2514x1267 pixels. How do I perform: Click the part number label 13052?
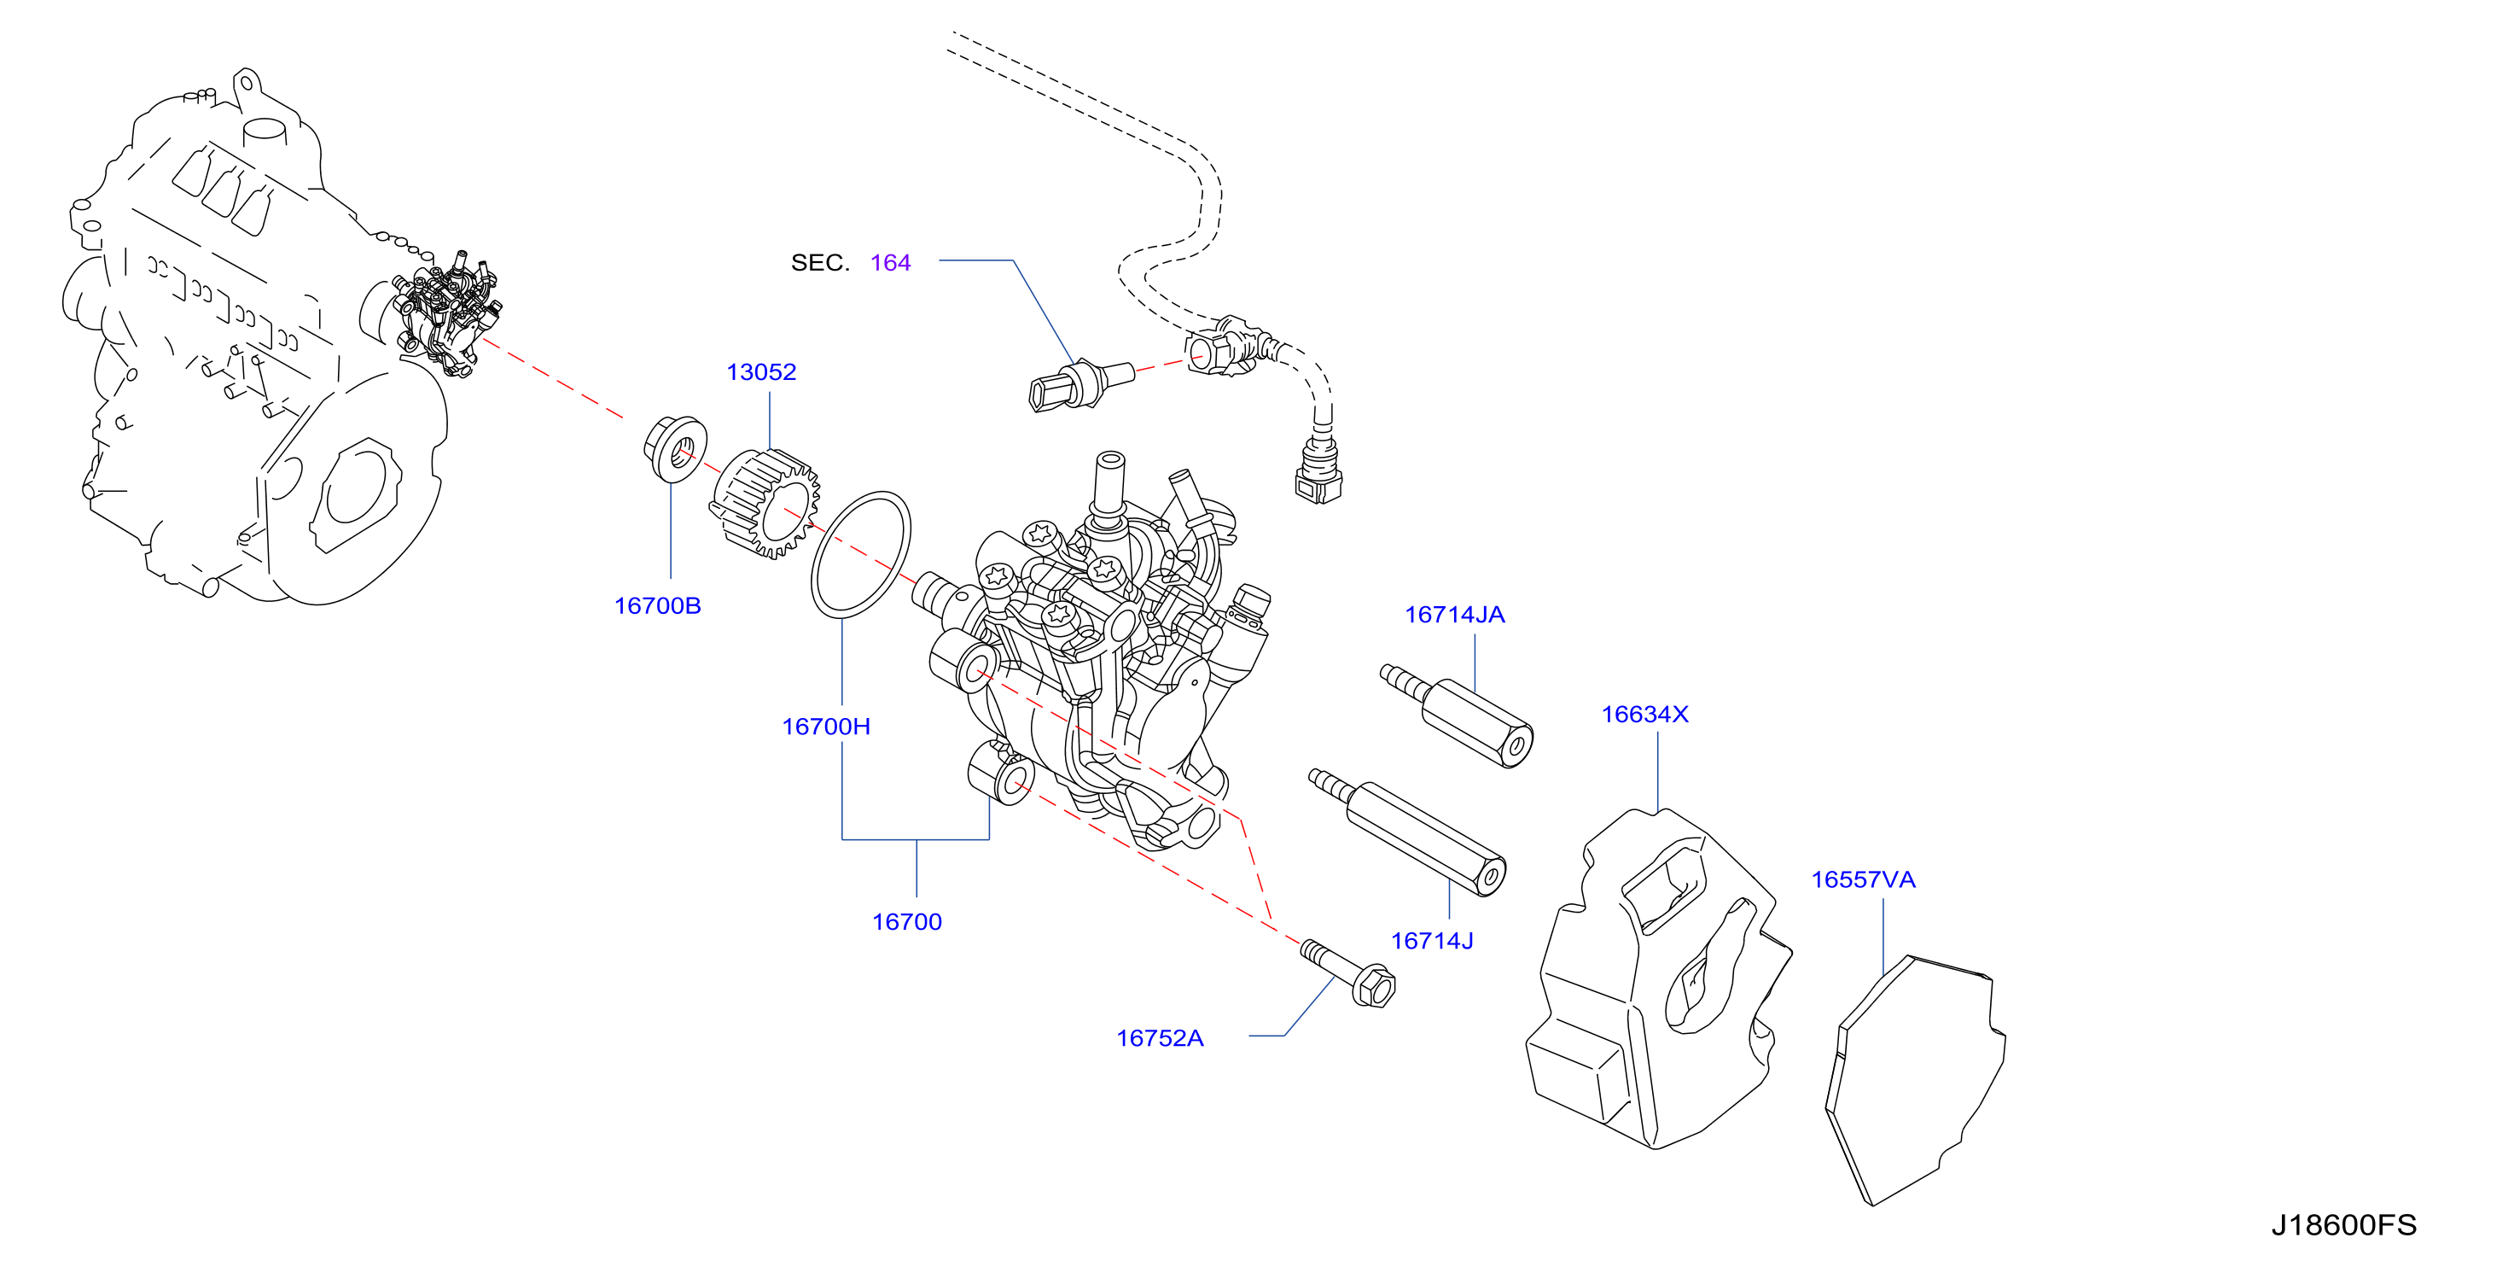pyautogui.click(x=761, y=372)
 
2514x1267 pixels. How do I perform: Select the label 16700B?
pyautogui.click(x=658, y=606)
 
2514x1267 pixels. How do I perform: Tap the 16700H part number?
pyautogui.click(x=827, y=727)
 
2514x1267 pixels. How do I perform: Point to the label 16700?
pyautogui.click(x=906, y=922)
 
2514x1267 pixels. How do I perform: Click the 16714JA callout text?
pyautogui.click(x=1454, y=615)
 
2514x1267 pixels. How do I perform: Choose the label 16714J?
pyautogui.click(x=1432, y=941)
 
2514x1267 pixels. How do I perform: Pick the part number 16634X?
pyautogui.click(x=1644, y=715)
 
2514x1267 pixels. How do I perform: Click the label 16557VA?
pyautogui.click(x=1863, y=880)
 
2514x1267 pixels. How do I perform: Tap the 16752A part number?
pyautogui.click(x=1160, y=1038)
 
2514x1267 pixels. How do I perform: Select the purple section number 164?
pyautogui.click(x=890, y=263)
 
